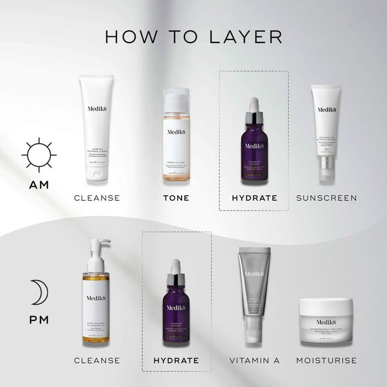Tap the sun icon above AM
click(39, 154)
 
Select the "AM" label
click(39, 184)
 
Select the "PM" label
click(39, 319)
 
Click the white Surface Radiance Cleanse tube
click(97, 130)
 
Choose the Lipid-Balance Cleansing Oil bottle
click(96, 302)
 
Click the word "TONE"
click(176, 198)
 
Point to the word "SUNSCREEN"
click(327, 198)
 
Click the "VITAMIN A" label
click(254, 360)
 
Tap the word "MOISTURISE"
click(327, 360)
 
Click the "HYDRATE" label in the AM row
click(254, 198)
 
